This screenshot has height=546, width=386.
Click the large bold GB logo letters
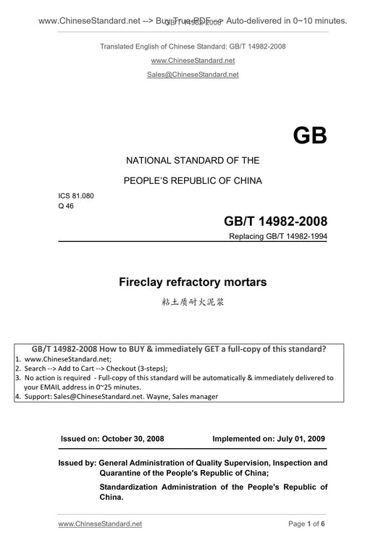coord(310,135)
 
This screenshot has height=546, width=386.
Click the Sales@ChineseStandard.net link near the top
coord(193,75)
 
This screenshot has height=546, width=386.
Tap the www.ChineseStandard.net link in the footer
coord(99,523)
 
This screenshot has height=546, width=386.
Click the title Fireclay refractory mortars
coord(193,282)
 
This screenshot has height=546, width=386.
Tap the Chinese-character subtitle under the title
coord(193,301)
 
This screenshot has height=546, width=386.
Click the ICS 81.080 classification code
coord(76,196)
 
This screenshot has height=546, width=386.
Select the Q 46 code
coord(66,206)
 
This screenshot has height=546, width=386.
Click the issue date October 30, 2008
coord(133,439)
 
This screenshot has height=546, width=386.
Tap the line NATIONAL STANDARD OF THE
coord(193,160)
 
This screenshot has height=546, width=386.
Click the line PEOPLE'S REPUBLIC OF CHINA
coord(193,180)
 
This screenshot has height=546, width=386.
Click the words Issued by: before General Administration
coord(77,462)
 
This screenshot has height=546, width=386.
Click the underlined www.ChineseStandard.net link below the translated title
coord(193,61)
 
